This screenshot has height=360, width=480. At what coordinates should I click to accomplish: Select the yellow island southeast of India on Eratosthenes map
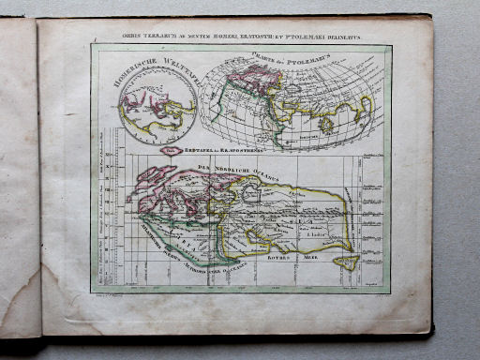click(x=348, y=262)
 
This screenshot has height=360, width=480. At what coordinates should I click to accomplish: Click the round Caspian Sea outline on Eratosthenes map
click(x=252, y=193)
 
